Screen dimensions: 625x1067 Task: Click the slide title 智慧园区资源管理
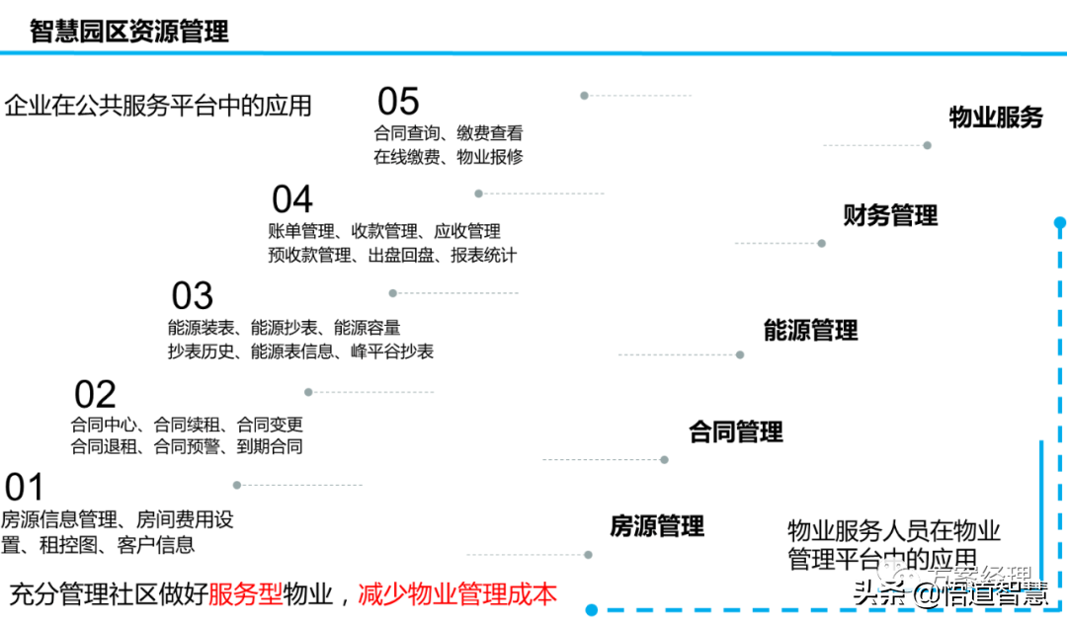(x=129, y=32)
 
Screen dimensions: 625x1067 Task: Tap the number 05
(x=398, y=102)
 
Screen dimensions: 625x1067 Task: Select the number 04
(x=292, y=200)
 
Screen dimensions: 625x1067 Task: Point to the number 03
(x=193, y=296)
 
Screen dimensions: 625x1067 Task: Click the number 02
(x=95, y=395)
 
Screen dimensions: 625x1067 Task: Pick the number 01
(x=25, y=488)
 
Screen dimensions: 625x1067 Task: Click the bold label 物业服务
(x=996, y=117)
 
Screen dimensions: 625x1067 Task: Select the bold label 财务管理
(x=890, y=215)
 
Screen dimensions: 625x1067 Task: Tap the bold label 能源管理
(x=810, y=331)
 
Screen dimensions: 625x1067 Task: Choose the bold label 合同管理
(x=735, y=431)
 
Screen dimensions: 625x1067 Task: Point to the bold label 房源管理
(x=657, y=526)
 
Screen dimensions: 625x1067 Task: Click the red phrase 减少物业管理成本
(x=457, y=594)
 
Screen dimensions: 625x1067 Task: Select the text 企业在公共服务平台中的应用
(x=158, y=106)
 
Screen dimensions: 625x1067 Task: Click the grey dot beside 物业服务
(x=927, y=145)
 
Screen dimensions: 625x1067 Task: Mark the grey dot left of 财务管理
(x=821, y=243)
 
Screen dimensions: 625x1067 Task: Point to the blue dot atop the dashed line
(x=1059, y=223)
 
